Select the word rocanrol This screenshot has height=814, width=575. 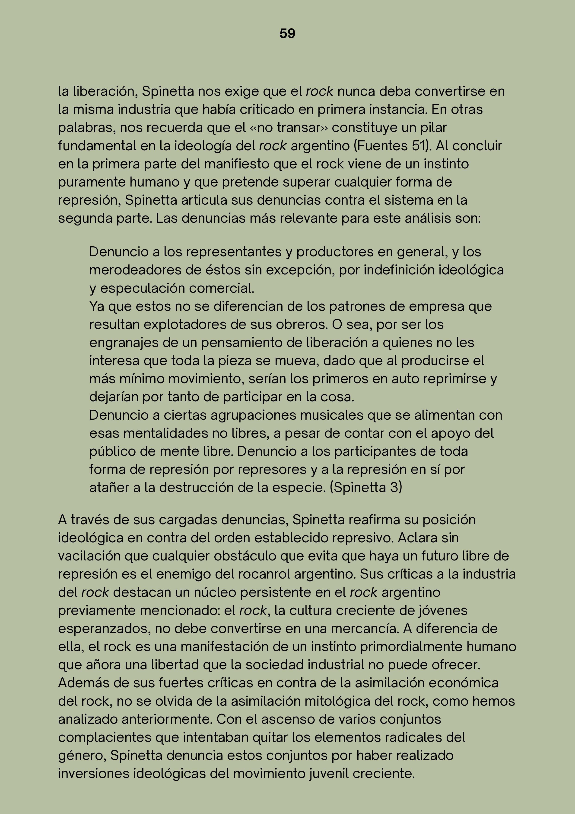click(x=264, y=574)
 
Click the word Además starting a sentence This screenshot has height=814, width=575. click(x=83, y=683)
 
